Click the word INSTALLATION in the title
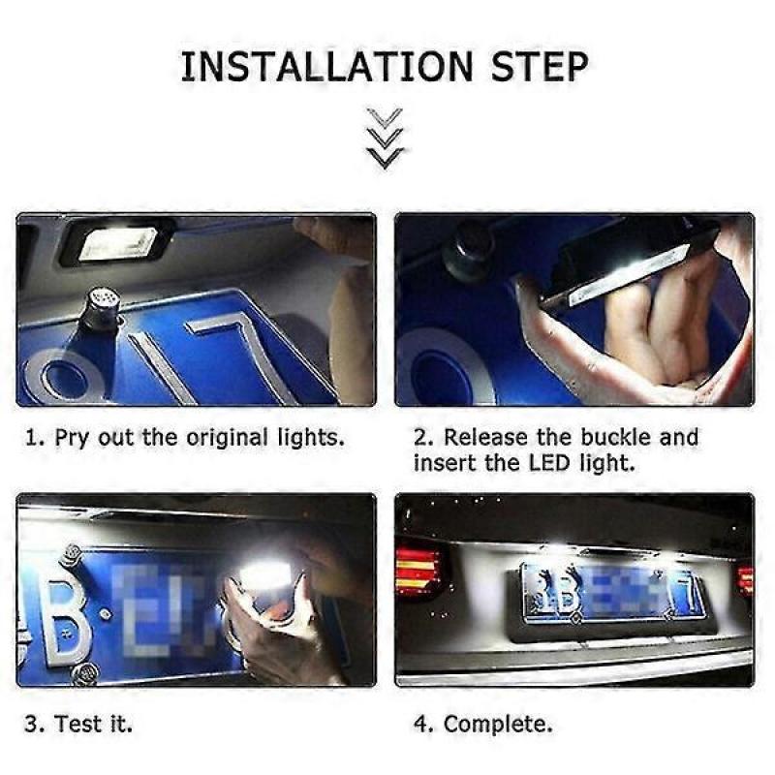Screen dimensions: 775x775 pyautogui.click(x=327, y=67)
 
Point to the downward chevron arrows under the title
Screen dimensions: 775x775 pyautogui.click(x=387, y=139)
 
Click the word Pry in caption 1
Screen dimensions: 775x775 pyautogui.click(x=70, y=437)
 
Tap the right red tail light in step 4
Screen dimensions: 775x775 pyautogui.click(x=744, y=579)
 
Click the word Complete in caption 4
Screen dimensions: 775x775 pyautogui.click(x=499, y=724)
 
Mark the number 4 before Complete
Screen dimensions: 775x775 pyautogui.click(x=421, y=724)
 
